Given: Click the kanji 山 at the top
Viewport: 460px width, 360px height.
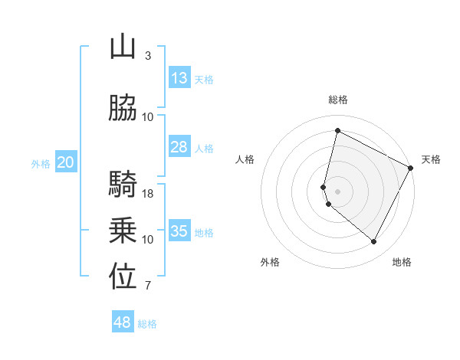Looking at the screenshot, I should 123,47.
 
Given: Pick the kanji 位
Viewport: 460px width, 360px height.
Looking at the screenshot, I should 123,277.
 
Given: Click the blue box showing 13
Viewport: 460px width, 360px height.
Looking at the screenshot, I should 179,78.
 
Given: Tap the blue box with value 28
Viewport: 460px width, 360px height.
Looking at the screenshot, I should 179,147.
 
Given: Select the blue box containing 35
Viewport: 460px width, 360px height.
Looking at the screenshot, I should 179,231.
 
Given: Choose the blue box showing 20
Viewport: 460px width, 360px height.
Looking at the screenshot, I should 66,162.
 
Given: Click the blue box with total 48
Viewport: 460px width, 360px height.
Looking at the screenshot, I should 123,322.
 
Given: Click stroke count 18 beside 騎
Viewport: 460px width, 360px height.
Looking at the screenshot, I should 149,193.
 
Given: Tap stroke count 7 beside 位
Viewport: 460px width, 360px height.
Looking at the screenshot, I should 148,286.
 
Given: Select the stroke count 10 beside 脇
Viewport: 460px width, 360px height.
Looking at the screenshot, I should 149,116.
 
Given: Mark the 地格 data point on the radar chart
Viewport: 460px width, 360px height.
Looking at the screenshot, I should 374,242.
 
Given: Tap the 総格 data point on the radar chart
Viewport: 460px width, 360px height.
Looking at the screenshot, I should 337,130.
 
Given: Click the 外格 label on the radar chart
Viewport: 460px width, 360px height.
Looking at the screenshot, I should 270,262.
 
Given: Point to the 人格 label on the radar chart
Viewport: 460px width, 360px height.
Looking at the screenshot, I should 245,159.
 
